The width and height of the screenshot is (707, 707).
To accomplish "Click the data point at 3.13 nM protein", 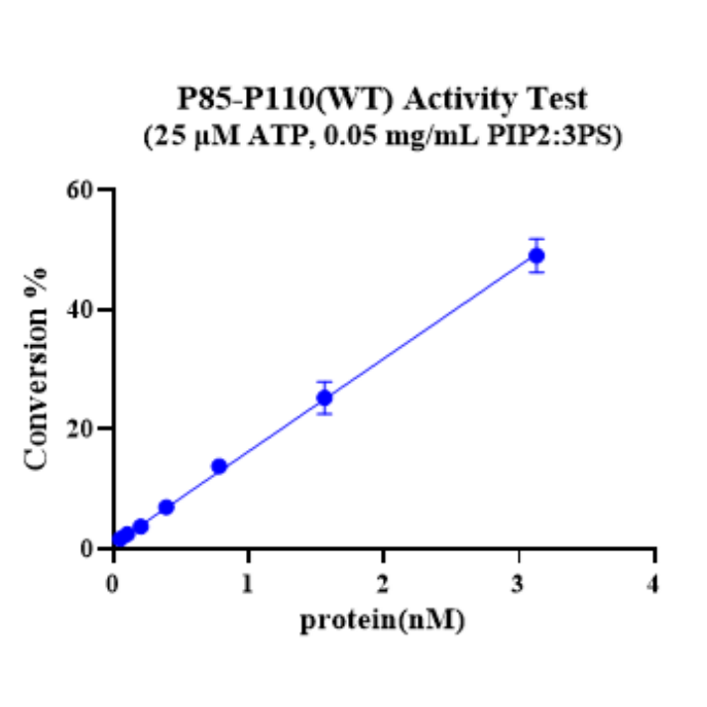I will [x=536, y=256].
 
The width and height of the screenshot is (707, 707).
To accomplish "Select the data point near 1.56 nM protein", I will [x=324, y=398].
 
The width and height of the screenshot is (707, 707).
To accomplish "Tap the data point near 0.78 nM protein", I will [x=219, y=466].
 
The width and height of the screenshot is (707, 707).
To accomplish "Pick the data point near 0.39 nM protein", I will [x=167, y=507].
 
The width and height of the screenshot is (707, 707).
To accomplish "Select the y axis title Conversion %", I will [x=38, y=369].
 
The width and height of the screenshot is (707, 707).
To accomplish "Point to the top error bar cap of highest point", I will [x=536, y=239].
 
